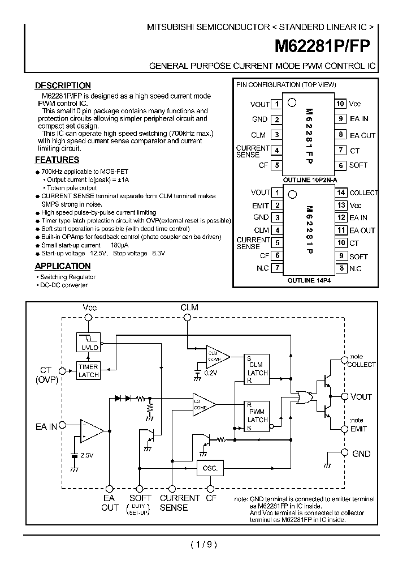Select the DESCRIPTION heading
[63, 85]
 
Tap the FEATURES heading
[57, 160]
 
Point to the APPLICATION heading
[63, 266]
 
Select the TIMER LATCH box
[88, 371]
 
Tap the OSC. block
[210, 468]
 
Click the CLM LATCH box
[257, 369]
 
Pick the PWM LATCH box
[257, 416]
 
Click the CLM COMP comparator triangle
[216, 356]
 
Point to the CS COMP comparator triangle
[202, 404]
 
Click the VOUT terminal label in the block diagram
[361, 397]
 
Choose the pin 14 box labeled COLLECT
[341, 193]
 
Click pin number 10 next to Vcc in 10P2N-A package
[340, 104]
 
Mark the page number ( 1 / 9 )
[203, 545]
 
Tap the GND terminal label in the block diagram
[361, 454]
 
